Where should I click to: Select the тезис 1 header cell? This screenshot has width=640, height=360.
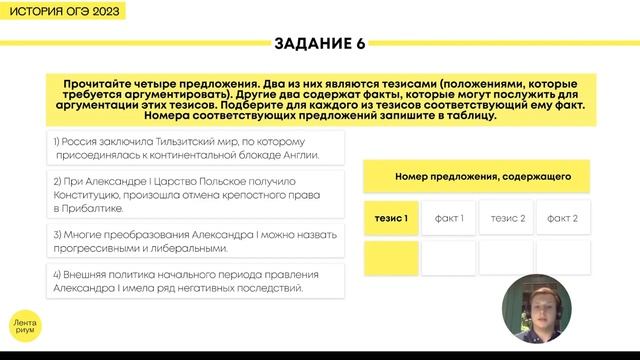click(391, 218)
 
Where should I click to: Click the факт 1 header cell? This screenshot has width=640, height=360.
click(448, 218)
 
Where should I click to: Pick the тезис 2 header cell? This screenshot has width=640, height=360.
click(506, 218)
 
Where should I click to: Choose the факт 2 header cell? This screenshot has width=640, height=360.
click(563, 218)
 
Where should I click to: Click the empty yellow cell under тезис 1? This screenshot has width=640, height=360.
click(391, 257)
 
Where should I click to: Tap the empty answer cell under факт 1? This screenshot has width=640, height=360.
click(448, 257)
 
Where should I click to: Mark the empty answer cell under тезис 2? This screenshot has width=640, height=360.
click(506, 257)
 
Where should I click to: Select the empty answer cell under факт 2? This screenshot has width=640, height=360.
click(563, 257)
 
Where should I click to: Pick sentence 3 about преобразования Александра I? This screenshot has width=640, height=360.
click(194, 241)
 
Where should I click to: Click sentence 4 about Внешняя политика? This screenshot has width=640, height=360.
click(194, 281)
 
